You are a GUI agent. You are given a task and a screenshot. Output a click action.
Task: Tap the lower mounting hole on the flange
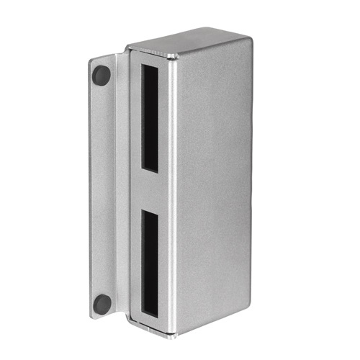coord(102,303)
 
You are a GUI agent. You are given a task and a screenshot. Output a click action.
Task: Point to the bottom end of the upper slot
coord(150,170)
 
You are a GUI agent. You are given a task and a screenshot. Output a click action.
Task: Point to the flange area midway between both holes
coord(102,189)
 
